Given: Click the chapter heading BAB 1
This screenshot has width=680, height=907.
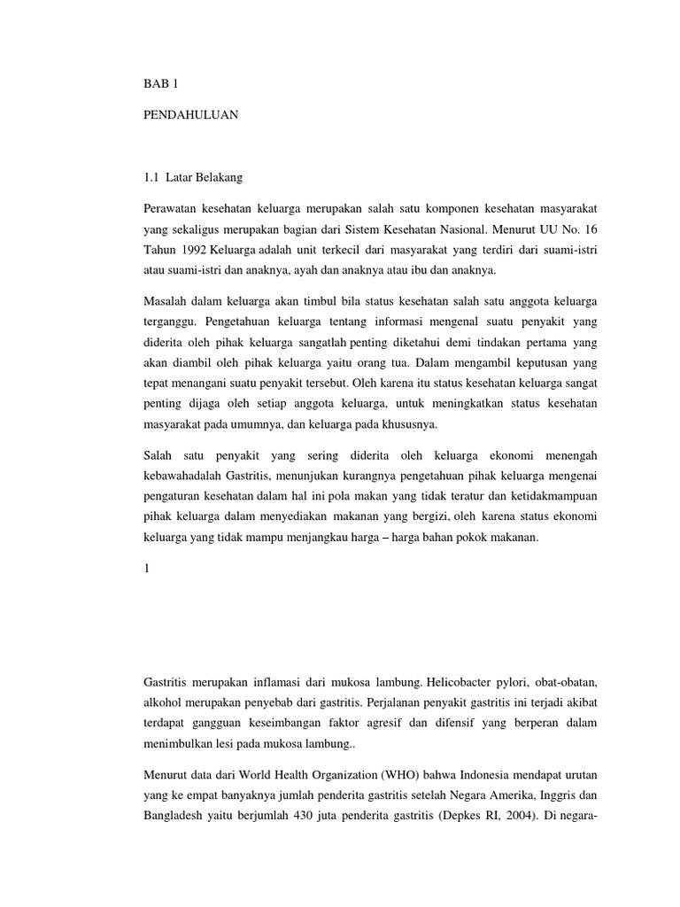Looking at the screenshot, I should click(x=160, y=84).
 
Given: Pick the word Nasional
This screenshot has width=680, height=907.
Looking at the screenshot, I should click(x=429, y=229).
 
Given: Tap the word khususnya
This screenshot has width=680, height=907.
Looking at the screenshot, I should click(x=408, y=426).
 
